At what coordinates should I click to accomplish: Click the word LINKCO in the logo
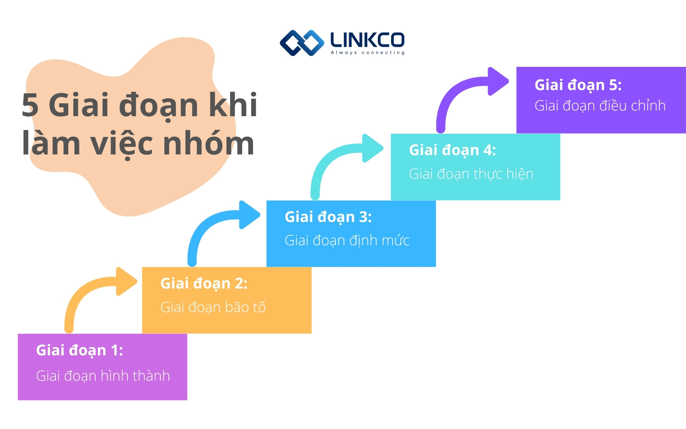pyautogui.click(x=367, y=40)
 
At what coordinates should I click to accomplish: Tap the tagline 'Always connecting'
pyautogui.click(x=368, y=53)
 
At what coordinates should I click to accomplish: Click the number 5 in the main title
pyautogui.click(x=30, y=105)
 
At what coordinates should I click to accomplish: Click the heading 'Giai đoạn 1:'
pyautogui.click(x=79, y=350)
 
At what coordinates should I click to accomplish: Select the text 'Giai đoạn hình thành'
pyautogui.click(x=103, y=376)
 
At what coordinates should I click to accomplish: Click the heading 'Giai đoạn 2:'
pyautogui.click(x=204, y=284)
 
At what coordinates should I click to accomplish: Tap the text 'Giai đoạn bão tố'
pyautogui.click(x=213, y=307)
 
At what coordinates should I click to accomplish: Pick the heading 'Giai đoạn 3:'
pyautogui.click(x=328, y=217)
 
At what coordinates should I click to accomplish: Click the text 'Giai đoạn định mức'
pyautogui.click(x=347, y=241)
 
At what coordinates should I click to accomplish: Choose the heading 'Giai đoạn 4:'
pyautogui.click(x=452, y=150)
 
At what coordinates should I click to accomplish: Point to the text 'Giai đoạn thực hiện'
pyautogui.click(x=471, y=174)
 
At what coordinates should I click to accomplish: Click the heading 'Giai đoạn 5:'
pyautogui.click(x=578, y=85)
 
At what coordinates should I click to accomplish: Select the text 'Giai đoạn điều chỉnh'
pyautogui.click(x=600, y=106)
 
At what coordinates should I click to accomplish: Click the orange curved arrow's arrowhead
pyautogui.click(x=126, y=281)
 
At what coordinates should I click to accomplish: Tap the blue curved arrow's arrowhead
pyautogui.click(x=249, y=215)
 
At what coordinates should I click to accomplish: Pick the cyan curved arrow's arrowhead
pyautogui.click(x=372, y=148)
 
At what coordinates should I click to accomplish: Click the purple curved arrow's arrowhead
pyautogui.click(x=498, y=81)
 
